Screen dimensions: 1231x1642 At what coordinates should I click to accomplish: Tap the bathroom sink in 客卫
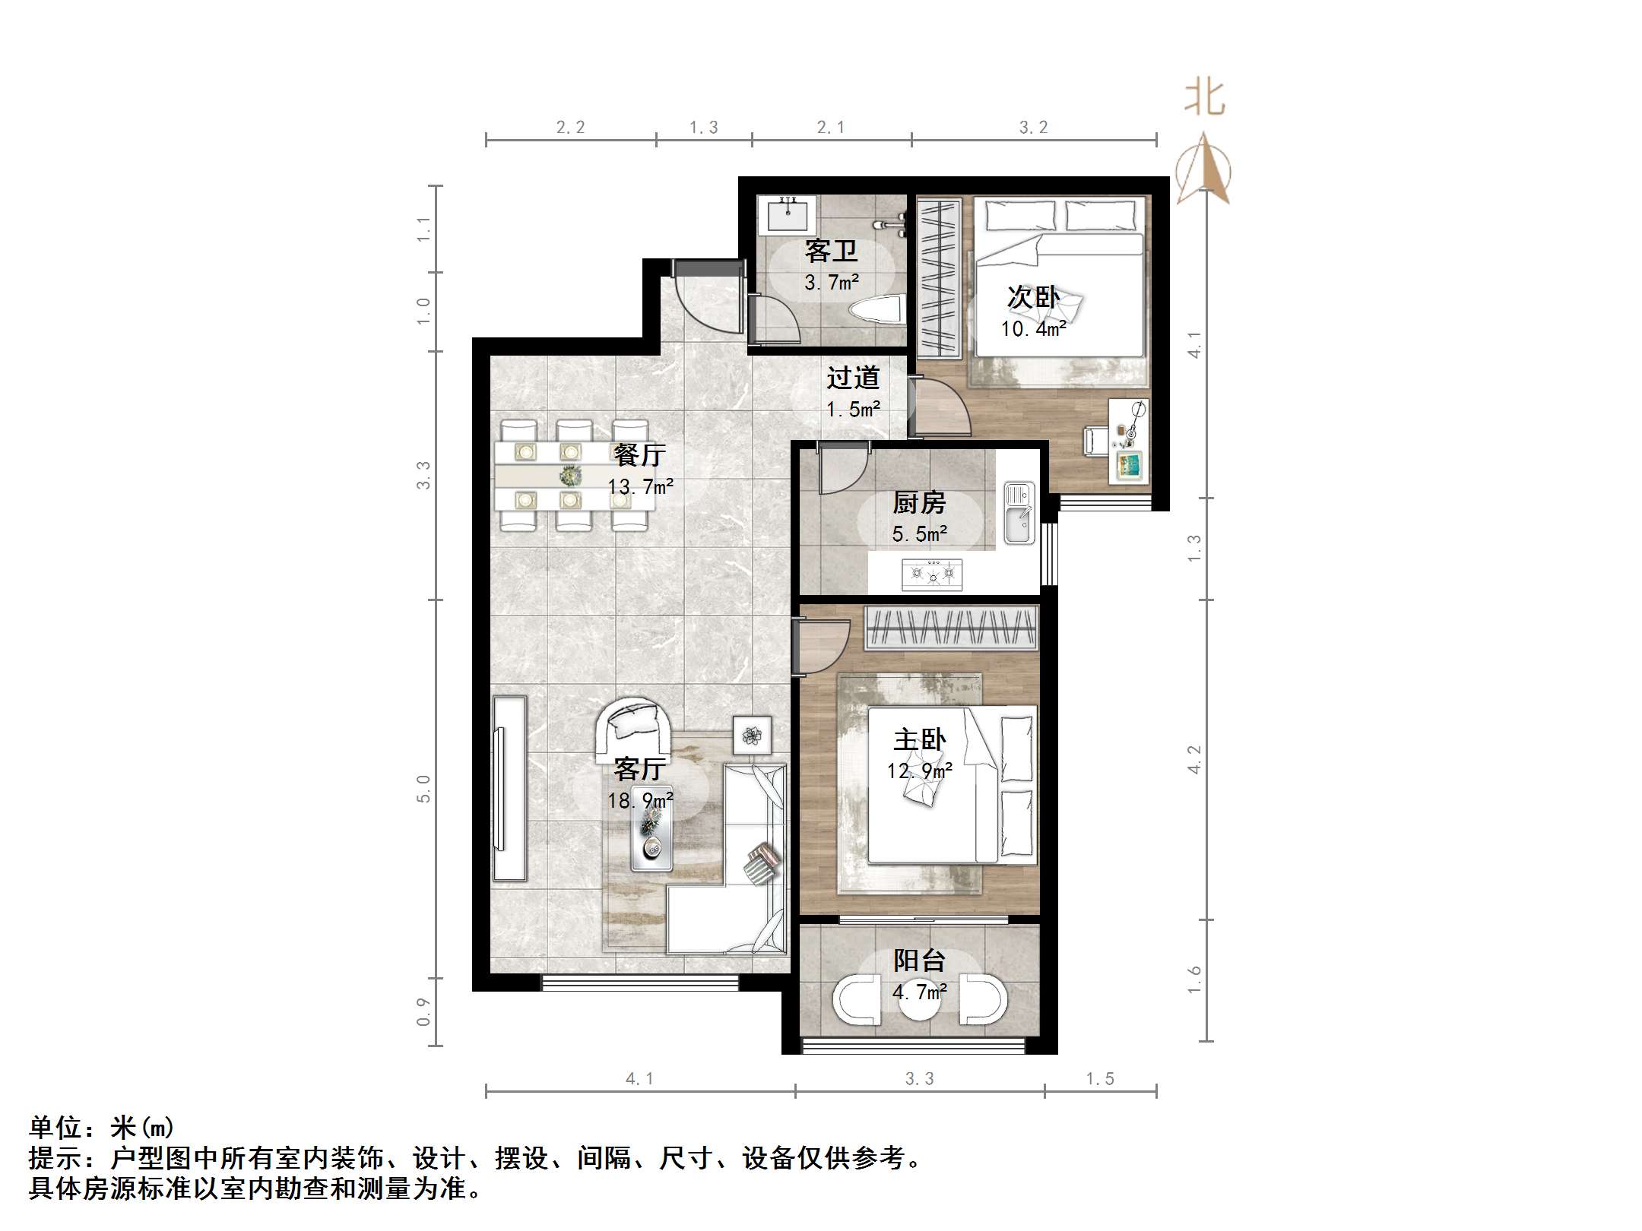[x=788, y=215]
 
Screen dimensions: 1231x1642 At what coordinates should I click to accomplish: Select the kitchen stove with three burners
[x=932, y=574]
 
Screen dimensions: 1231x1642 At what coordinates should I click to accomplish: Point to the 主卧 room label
[x=919, y=739]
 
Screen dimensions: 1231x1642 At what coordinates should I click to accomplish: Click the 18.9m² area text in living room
[x=639, y=801]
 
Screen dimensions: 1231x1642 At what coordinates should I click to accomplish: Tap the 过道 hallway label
[x=853, y=378]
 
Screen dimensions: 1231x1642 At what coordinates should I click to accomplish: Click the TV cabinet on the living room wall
[x=509, y=789]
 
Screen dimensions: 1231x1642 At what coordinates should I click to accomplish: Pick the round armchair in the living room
[x=633, y=726]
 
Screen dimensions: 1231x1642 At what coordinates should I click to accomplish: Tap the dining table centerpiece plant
[x=569, y=476]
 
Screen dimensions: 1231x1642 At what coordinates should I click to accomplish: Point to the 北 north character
[x=1204, y=99]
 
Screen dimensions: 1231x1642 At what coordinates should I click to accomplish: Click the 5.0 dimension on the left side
[x=423, y=789]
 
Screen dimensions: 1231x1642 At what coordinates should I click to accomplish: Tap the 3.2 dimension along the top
[x=1033, y=128]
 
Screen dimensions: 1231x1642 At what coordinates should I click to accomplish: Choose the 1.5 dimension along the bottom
[x=1099, y=1078]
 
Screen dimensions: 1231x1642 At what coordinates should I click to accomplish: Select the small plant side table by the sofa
[x=752, y=735]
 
